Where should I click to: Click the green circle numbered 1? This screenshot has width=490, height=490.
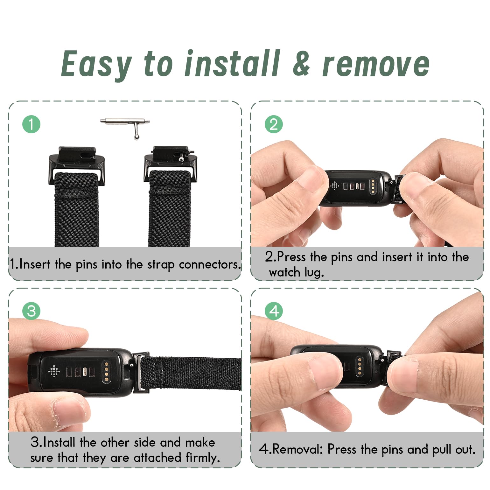pos(31,124)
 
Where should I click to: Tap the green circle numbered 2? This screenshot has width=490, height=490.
pos(274,124)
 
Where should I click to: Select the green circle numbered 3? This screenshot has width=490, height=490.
pos(31,311)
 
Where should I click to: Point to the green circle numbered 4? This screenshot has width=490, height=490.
pos(274,311)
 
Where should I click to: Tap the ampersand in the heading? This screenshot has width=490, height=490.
pos(301,64)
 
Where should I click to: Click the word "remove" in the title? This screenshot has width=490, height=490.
pos(376,65)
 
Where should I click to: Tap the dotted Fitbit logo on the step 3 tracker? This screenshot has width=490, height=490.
pos(54,371)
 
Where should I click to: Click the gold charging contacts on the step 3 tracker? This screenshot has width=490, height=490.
pos(106,370)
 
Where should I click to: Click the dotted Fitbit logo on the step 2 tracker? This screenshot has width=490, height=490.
pos(335,185)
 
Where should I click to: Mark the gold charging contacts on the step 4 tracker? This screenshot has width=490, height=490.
pos(360,366)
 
